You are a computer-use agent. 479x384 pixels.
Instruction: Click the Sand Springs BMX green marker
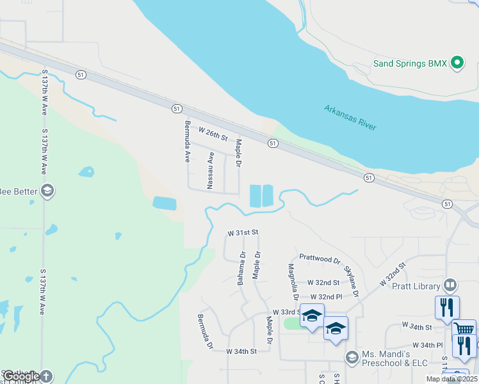pos(457,63)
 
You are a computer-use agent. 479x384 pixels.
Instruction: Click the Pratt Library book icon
pos(450,285)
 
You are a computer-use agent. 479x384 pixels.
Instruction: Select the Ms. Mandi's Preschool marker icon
pos(351,356)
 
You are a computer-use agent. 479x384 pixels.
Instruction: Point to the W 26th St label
pos(213,134)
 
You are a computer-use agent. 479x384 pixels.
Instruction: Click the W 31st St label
pos(243,233)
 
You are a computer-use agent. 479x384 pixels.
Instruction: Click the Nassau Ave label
pos(209,170)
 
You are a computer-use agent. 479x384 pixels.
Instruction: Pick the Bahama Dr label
pos(241,268)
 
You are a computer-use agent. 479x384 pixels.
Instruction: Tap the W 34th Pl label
pos(428,345)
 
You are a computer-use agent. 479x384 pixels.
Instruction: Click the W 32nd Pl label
pos(326,297)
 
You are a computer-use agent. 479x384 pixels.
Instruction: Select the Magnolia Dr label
pos(293,282)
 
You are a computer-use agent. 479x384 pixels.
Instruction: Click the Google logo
pos(21,376)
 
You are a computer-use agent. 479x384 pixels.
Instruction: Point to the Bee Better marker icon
pos(47,191)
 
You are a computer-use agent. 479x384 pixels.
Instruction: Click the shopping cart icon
pos(464,329)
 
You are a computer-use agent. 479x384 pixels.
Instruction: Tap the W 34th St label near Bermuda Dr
pos(241,351)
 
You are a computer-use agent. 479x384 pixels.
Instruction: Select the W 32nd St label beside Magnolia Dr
pos(323,282)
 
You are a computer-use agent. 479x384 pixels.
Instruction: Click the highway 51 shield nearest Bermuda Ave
pos(176,109)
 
